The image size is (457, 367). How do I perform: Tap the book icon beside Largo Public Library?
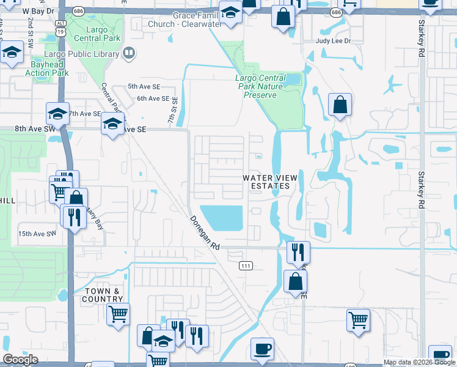[x=129, y=54]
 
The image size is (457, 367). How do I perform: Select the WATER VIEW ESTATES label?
[x=270, y=182]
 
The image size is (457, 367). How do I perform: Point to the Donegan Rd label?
[x=204, y=233]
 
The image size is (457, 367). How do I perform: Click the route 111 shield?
[x=245, y=265]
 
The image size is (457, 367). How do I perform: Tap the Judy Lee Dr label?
[x=334, y=41]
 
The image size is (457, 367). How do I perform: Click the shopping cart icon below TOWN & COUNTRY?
[x=118, y=314]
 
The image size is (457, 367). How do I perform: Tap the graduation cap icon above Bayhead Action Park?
[x=12, y=52]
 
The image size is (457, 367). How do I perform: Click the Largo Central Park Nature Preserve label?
[x=269, y=86]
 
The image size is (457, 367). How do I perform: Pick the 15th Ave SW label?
[x=37, y=234]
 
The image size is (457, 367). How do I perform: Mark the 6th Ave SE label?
[x=153, y=98]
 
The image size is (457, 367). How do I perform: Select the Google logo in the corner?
[x=21, y=360]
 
